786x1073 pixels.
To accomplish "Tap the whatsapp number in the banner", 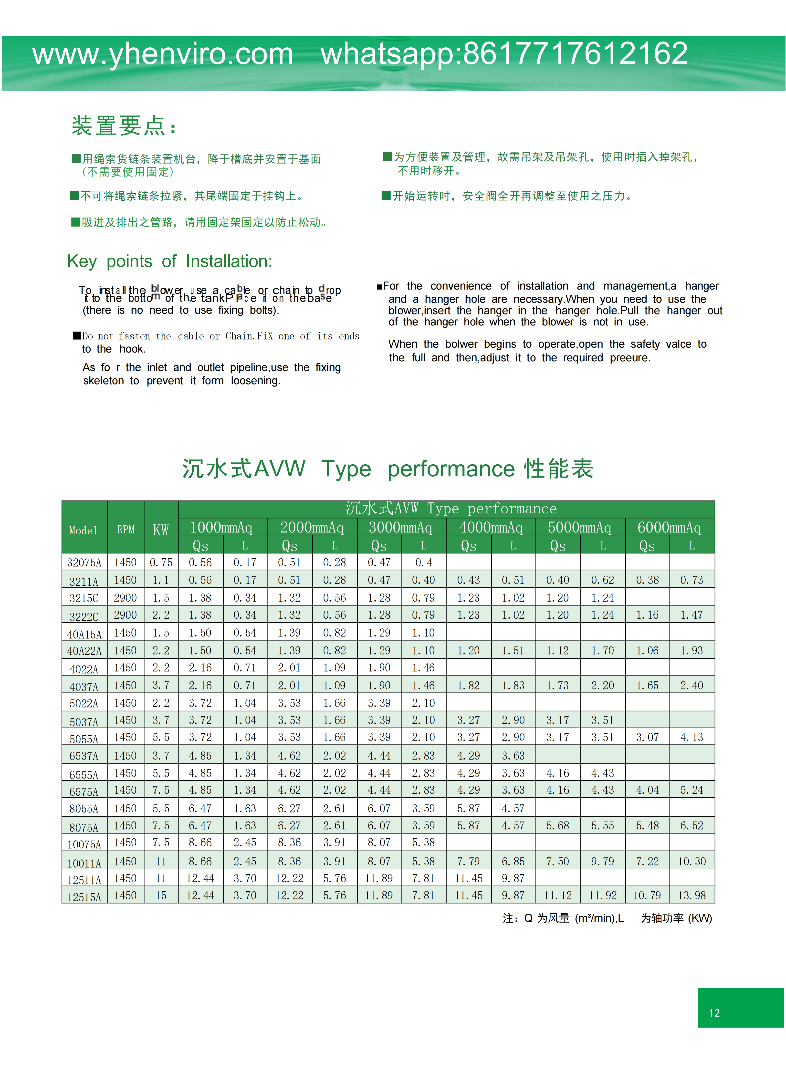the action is click(x=504, y=54).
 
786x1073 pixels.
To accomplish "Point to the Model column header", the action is click(x=84, y=530).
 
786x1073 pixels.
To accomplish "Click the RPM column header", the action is click(x=126, y=529).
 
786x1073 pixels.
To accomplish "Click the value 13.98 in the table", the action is click(x=692, y=896).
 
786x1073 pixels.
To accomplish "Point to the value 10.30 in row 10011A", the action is click(x=692, y=861).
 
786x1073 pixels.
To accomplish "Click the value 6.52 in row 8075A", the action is click(x=692, y=826).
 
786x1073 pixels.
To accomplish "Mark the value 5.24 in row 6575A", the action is click(x=692, y=790).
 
